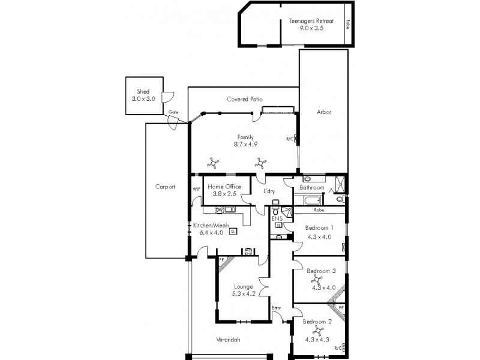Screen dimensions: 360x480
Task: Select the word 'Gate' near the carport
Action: coord(173,112)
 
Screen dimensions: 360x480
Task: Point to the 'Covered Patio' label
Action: coord(244,99)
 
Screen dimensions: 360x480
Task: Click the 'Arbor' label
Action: coord(324,112)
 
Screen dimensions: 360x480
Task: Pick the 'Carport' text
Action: coord(165,187)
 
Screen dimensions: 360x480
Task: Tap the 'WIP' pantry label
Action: coord(196,189)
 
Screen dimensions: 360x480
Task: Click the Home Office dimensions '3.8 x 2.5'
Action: coord(224,194)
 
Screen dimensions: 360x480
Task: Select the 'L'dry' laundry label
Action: coord(269,192)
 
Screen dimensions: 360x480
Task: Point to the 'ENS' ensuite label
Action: coord(277,219)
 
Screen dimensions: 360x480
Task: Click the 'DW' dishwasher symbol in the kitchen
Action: coord(219,209)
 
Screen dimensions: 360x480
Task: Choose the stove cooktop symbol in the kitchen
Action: coord(247,251)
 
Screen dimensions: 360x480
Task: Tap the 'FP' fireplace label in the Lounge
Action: coord(221,260)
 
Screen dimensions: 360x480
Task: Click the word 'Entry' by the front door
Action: coord(277,308)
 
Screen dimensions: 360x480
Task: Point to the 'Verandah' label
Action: coord(228,340)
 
